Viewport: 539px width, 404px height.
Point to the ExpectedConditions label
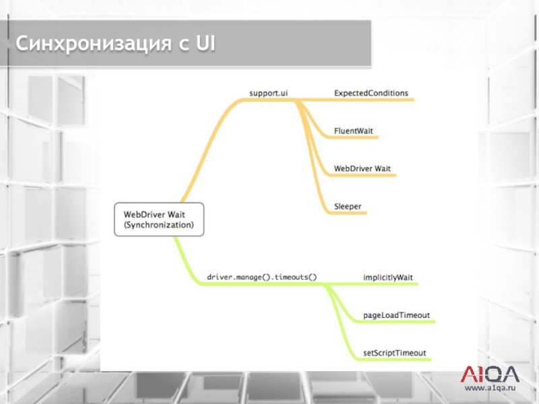tap(371, 92)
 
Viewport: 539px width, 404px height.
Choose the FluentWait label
tap(354, 130)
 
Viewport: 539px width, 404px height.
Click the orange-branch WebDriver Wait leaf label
tap(362, 168)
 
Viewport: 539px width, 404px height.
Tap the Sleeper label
tap(348, 205)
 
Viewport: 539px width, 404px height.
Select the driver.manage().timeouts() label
tap(262, 277)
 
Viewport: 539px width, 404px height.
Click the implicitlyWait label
tap(387, 277)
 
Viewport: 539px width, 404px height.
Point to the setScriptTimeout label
tap(394, 352)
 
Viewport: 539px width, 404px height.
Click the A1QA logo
tap(489, 374)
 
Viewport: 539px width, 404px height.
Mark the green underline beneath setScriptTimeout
tap(398, 360)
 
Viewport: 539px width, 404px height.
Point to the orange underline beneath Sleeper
tap(350, 213)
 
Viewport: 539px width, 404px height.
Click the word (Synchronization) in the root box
tap(158, 225)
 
